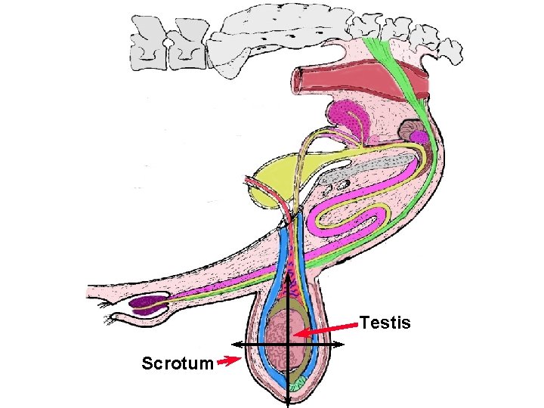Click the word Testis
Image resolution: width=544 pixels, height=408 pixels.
385,323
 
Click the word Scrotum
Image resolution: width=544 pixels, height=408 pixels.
177,363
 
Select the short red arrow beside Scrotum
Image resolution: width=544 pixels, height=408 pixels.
227,362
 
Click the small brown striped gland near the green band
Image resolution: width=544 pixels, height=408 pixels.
413,131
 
